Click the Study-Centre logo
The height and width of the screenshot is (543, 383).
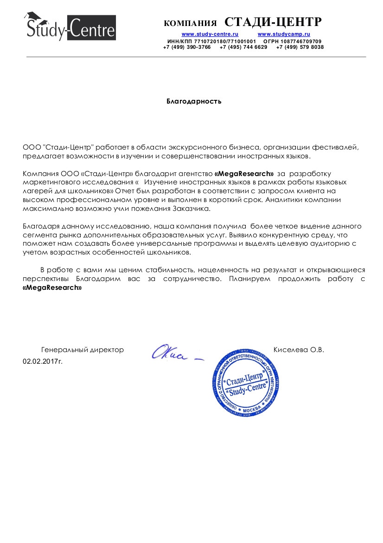point(70,27)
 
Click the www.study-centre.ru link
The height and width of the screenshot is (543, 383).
point(210,34)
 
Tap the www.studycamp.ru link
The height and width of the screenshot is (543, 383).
point(284,34)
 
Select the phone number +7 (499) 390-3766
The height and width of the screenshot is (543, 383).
point(187,47)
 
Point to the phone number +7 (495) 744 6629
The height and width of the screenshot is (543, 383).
point(243,47)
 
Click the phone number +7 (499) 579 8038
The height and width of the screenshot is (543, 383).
point(300,47)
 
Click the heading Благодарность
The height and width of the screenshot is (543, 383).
point(194,101)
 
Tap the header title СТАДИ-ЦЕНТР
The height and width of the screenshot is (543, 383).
point(273,22)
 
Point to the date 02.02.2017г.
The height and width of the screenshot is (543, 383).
point(43,360)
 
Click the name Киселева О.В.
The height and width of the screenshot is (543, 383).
point(299,350)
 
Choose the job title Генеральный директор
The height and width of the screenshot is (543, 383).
point(83,350)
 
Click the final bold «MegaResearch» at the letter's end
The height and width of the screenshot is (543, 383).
point(52,288)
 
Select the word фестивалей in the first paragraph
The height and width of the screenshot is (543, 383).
point(341,147)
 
